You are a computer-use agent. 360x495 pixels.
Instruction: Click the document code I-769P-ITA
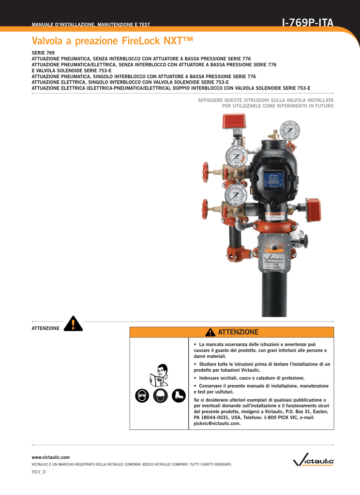point(307,22)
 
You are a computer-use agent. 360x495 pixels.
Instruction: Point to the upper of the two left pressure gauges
point(236,156)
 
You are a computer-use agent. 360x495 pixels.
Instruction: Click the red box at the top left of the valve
point(234,121)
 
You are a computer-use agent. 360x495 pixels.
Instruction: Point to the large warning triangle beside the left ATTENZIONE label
point(73,323)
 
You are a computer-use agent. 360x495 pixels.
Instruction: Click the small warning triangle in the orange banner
point(210,332)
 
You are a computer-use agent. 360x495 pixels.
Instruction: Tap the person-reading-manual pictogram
point(159,375)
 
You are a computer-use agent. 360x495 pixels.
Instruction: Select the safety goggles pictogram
point(143,395)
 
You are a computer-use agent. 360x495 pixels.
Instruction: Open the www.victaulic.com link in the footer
point(50,457)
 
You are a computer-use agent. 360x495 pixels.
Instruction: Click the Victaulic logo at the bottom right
point(313,462)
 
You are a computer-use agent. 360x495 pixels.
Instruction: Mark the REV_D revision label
point(39,471)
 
